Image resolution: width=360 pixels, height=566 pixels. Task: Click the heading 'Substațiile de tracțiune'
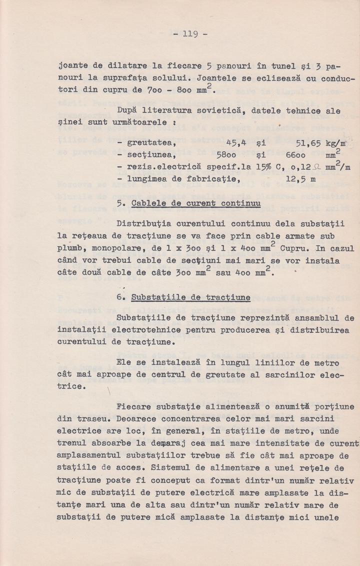(190, 297)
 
